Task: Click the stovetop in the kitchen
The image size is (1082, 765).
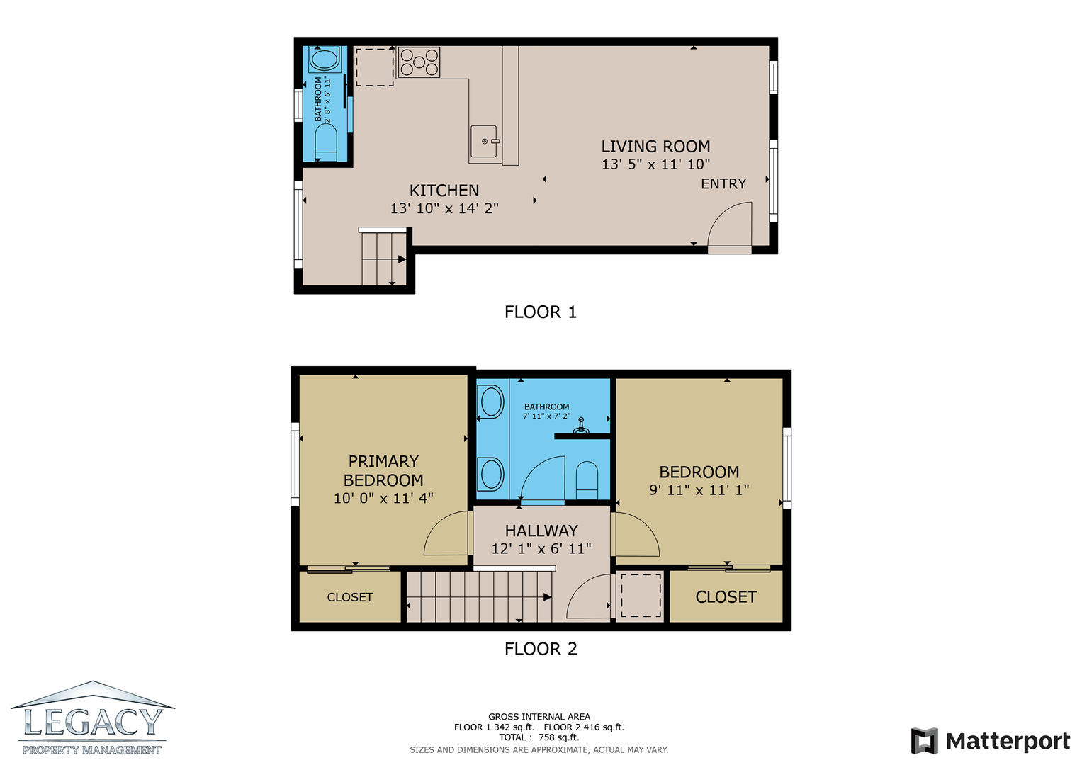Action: [x=419, y=62]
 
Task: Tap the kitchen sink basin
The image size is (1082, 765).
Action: [x=483, y=141]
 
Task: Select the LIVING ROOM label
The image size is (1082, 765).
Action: [x=655, y=147]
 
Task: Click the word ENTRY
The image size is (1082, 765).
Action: [x=723, y=184]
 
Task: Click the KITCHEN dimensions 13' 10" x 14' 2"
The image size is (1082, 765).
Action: [x=444, y=208]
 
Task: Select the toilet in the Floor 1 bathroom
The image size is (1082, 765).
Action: [x=325, y=142]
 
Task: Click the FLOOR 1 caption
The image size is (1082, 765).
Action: [x=541, y=312]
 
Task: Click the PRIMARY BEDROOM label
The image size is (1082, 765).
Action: [x=383, y=470]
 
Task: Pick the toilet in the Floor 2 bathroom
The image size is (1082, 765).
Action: [x=587, y=480]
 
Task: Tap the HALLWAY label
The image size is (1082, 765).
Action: [x=541, y=531]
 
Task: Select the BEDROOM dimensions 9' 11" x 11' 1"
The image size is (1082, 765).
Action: [x=699, y=489]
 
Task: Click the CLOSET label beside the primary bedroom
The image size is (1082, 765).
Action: [x=350, y=597]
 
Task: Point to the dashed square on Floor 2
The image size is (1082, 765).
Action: [x=641, y=595]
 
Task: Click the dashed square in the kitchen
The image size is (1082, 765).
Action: [x=375, y=67]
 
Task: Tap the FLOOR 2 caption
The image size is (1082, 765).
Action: [x=541, y=649]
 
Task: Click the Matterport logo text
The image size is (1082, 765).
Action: [x=1008, y=741]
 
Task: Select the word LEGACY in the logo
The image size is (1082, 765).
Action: [x=93, y=722]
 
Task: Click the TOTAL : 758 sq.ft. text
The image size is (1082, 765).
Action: [x=539, y=737]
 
